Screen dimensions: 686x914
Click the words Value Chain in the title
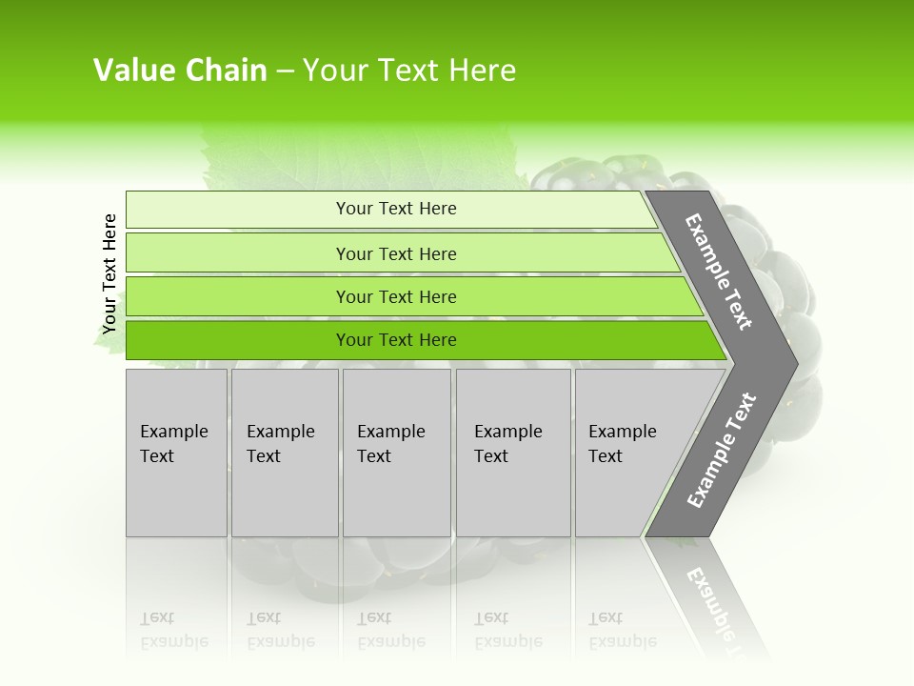pos(180,71)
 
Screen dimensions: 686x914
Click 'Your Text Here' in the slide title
pos(409,71)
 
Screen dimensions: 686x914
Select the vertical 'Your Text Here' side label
pos(109,273)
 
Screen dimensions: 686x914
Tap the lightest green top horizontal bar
pos(395,209)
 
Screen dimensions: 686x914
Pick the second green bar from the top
pos(395,253)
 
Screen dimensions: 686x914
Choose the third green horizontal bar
pos(395,296)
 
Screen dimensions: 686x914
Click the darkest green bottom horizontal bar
pos(395,340)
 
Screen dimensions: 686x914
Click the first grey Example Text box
pos(176,452)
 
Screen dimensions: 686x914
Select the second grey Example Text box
pos(285,452)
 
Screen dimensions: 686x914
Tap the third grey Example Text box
pos(396,452)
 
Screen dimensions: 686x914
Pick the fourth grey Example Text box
pos(513,452)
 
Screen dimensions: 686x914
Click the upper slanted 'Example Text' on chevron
pos(719,272)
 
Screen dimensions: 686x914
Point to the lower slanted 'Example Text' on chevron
pos(722,450)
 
